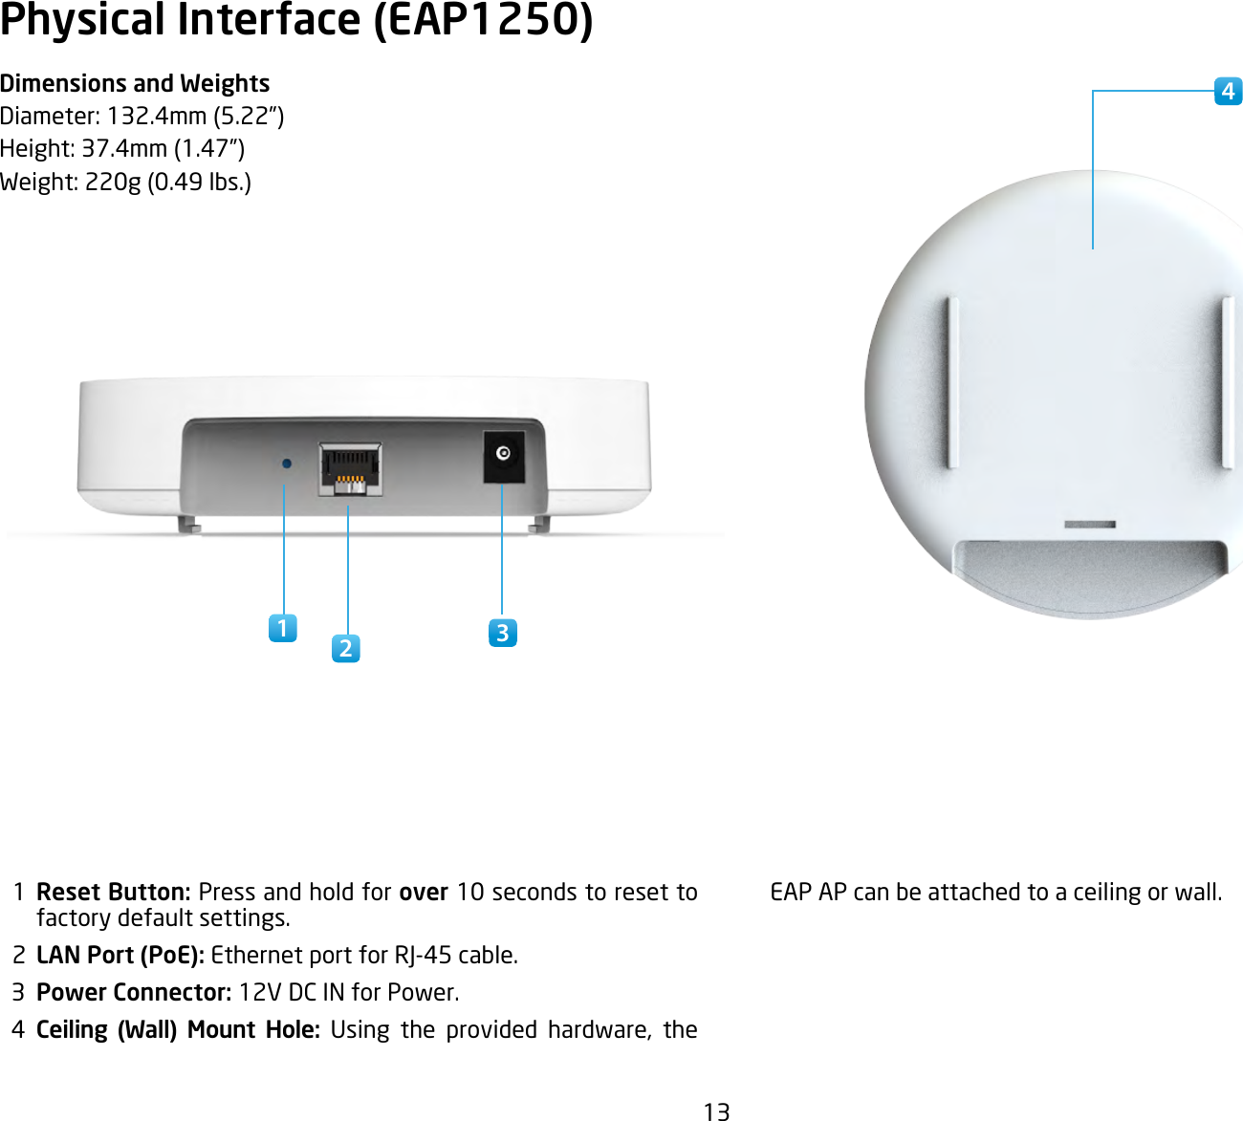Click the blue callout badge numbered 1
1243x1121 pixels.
(282, 628)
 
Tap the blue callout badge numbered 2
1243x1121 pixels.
(346, 648)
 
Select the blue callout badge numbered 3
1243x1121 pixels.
(502, 633)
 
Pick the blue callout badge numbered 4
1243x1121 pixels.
(1228, 92)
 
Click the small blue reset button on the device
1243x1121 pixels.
(286, 463)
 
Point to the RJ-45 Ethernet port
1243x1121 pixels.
(350, 469)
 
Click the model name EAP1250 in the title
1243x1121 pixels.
(483, 21)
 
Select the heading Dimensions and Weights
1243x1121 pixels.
(135, 84)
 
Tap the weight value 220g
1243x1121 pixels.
(113, 182)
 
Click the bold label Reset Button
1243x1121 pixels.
(113, 892)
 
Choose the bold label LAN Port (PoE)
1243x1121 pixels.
(120, 955)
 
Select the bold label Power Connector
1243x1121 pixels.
(134, 992)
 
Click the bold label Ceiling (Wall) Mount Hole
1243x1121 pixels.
(178, 1029)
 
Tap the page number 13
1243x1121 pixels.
(716, 1110)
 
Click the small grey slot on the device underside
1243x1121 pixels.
(1090, 525)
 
